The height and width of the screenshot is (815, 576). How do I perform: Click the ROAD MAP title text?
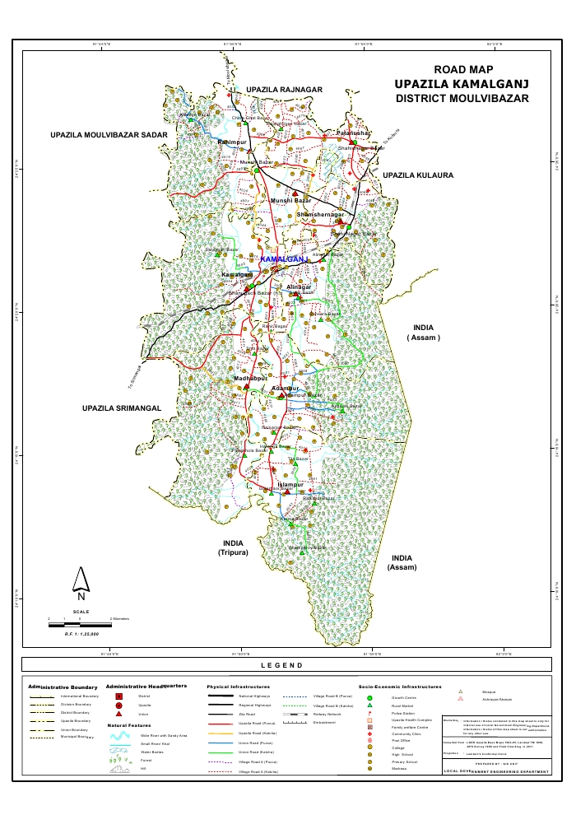click(x=461, y=70)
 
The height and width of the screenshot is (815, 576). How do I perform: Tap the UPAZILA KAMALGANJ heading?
click(x=461, y=84)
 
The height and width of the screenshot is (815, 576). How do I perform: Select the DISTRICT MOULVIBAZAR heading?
click(x=461, y=98)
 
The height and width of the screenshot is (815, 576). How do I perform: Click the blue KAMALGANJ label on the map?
click(x=283, y=259)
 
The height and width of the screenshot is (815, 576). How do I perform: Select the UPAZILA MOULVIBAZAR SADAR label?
click(x=108, y=133)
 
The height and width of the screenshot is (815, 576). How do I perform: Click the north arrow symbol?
click(x=80, y=584)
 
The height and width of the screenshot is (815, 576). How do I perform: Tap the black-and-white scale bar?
click(x=77, y=625)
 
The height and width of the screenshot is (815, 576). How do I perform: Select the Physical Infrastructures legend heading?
click(x=238, y=686)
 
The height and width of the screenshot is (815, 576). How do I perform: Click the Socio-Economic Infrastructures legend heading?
click(x=400, y=686)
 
